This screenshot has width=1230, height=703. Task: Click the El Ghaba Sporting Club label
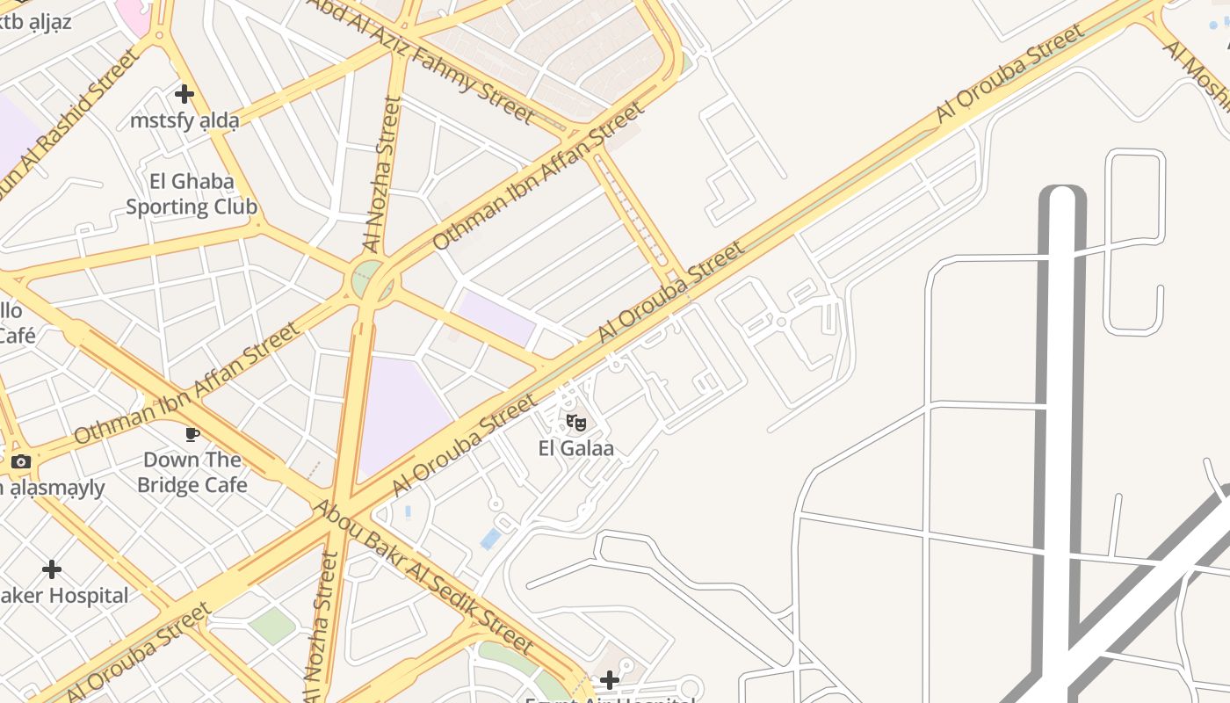tap(192, 194)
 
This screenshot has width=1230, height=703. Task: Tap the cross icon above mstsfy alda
tap(184, 94)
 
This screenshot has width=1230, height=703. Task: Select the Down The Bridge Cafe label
tap(192, 472)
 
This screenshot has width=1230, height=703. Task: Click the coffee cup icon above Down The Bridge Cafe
tap(192, 434)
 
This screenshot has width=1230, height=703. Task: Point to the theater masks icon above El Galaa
tap(575, 424)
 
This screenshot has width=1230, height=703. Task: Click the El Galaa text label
tap(575, 449)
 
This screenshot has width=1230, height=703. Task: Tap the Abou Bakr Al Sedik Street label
tap(423, 577)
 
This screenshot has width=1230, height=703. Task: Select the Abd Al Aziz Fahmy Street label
tap(420, 60)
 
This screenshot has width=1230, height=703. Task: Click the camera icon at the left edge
tap(21, 461)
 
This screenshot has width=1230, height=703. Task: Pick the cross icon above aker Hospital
tap(52, 569)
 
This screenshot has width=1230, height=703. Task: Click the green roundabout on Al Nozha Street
tap(372, 279)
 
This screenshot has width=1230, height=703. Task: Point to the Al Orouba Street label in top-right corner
tap(1009, 73)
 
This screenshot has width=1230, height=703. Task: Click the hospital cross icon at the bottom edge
tap(609, 679)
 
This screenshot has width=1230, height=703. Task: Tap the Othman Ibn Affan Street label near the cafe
tap(187, 384)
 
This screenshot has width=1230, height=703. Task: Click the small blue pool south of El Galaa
tap(490, 539)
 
